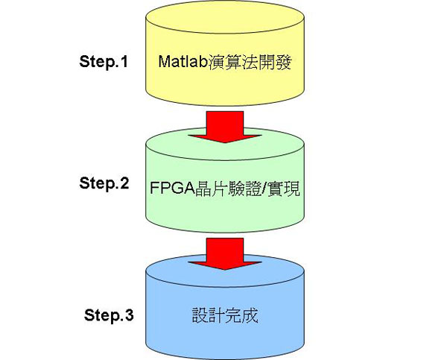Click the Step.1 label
click(104, 61)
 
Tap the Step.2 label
click(104, 183)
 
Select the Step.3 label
click(109, 315)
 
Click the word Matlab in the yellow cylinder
click(177, 61)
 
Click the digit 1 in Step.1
click(123, 61)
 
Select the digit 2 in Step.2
click(124, 183)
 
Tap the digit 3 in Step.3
click(129, 315)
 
